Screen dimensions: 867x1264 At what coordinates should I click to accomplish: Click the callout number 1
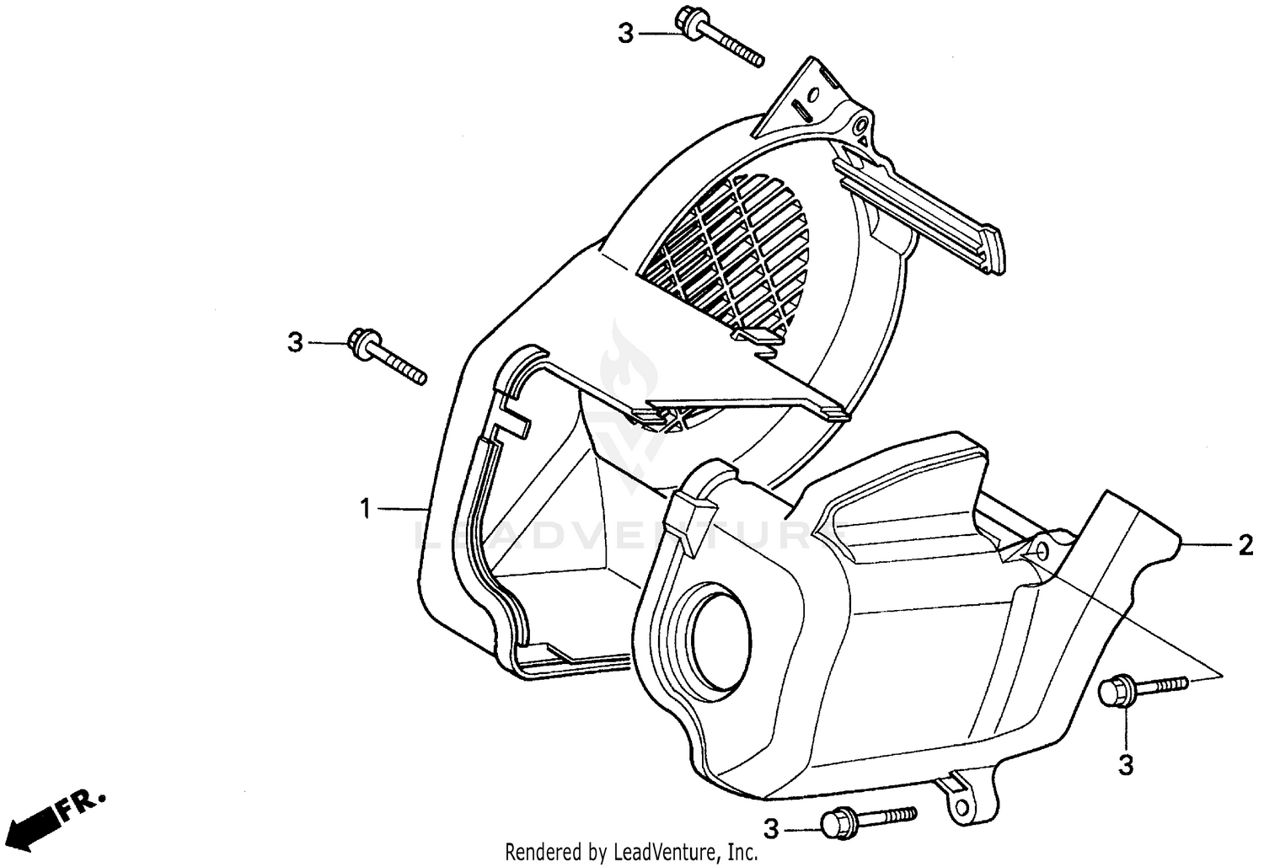tap(365, 509)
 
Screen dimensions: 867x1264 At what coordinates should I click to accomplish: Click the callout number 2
tap(1245, 547)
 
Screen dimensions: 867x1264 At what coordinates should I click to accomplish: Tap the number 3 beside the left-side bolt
tap(294, 343)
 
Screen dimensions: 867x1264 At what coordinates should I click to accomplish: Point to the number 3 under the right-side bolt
tap(1126, 765)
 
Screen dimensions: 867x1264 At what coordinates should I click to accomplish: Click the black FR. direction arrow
tap(37, 821)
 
